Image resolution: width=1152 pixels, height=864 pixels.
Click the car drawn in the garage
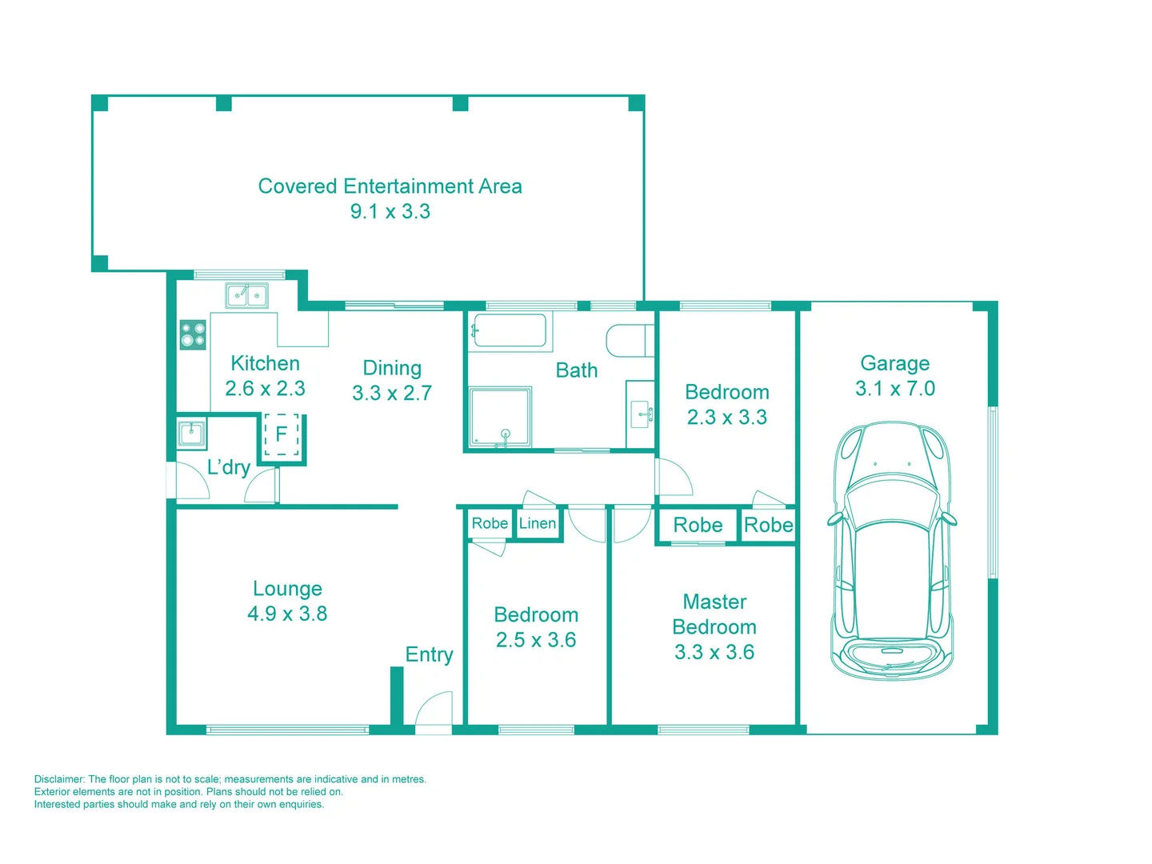(x=893, y=552)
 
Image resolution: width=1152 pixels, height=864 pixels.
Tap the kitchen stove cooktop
(x=193, y=334)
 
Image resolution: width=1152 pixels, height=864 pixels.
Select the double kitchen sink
(x=247, y=296)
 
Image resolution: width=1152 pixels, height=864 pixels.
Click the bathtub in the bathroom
(x=510, y=330)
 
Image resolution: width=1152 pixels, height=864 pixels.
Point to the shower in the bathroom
(x=500, y=417)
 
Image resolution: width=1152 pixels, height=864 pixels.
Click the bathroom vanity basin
(x=641, y=414)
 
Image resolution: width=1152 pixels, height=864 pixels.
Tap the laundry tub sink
(x=191, y=434)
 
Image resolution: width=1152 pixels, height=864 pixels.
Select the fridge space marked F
(x=282, y=435)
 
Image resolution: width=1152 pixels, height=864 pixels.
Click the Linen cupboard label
(x=538, y=523)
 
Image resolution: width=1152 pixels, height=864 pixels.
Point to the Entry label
(x=429, y=654)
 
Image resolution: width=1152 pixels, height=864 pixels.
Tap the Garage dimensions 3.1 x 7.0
(x=894, y=389)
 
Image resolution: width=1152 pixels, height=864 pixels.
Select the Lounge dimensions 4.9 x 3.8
(x=287, y=614)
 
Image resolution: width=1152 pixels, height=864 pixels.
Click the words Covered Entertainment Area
(x=390, y=186)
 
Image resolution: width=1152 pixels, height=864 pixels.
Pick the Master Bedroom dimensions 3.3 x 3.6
(x=714, y=652)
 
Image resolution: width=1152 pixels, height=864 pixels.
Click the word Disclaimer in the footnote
(x=59, y=779)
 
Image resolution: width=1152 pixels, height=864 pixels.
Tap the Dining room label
(x=392, y=368)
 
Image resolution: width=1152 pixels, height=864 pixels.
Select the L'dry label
(x=229, y=467)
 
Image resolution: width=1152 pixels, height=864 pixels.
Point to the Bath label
(x=576, y=370)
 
